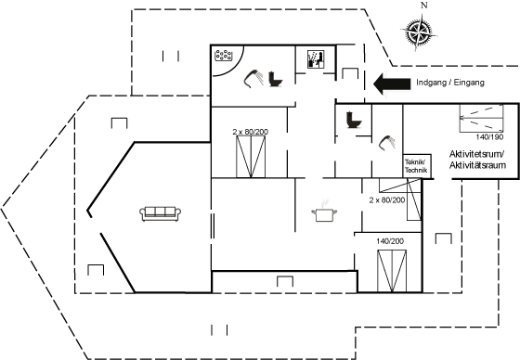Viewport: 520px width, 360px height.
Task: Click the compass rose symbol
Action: [x=418, y=32]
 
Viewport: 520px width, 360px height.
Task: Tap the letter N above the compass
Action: [x=423, y=6]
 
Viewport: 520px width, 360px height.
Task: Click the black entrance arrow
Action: [x=392, y=84]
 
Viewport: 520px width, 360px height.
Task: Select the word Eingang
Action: [x=469, y=83]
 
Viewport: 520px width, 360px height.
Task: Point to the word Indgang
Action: [x=431, y=83]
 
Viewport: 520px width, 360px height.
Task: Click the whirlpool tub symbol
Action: [x=224, y=56]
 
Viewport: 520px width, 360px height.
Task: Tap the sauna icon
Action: [x=315, y=59]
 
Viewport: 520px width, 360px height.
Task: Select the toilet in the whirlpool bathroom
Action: [x=275, y=79]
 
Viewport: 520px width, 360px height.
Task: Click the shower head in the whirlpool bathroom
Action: [x=253, y=79]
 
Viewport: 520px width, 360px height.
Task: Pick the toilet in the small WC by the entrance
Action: [x=354, y=120]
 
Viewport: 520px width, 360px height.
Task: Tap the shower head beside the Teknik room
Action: [x=387, y=143]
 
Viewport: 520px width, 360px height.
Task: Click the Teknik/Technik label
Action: [x=417, y=166]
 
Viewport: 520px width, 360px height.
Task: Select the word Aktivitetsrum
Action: [x=477, y=154]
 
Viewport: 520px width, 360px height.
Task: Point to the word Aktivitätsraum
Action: [x=477, y=165]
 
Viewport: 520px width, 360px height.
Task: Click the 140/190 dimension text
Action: [x=489, y=137]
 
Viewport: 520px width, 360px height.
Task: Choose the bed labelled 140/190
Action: [x=481, y=118]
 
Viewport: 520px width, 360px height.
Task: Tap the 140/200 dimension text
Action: [x=390, y=241]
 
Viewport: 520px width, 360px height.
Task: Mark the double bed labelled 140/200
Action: [x=392, y=271]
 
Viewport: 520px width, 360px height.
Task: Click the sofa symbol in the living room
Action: [x=160, y=213]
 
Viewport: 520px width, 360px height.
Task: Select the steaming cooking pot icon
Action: [x=324, y=212]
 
